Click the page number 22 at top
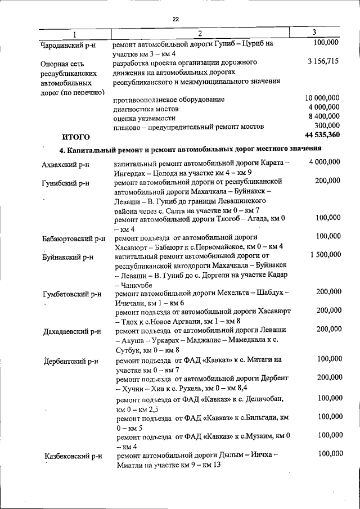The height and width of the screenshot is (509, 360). point(175,19)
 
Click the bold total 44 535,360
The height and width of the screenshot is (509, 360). point(322,135)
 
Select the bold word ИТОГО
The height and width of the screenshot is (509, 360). point(75,137)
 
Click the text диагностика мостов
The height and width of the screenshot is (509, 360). point(146,109)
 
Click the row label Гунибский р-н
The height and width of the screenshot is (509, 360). point(66,183)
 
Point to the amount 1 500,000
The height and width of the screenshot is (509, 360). point(325,255)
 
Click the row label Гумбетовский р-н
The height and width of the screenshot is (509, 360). point(72,294)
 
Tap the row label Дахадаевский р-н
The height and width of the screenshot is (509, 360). point(72,331)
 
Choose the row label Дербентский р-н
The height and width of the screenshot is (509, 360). point(71,361)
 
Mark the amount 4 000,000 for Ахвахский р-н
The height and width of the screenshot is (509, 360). point(324,162)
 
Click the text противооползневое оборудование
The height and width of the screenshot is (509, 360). point(161,100)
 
